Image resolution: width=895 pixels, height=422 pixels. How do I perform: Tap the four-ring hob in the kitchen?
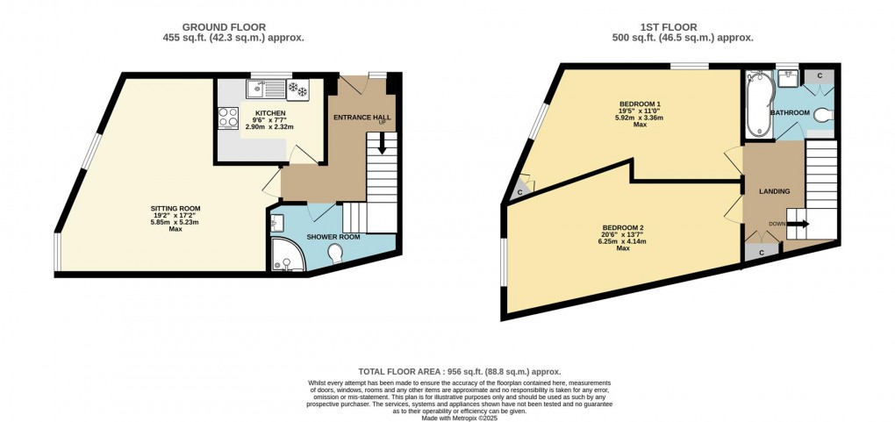[227, 118]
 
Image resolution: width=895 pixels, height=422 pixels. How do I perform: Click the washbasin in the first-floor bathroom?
[787, 79]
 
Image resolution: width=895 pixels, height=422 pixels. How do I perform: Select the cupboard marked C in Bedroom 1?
[520, 191]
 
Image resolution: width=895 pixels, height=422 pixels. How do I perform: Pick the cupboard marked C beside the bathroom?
[820, 76]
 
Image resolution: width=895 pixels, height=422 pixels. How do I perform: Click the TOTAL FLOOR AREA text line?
[459, 372]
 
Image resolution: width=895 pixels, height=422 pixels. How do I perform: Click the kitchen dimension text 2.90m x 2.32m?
[268, 128]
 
